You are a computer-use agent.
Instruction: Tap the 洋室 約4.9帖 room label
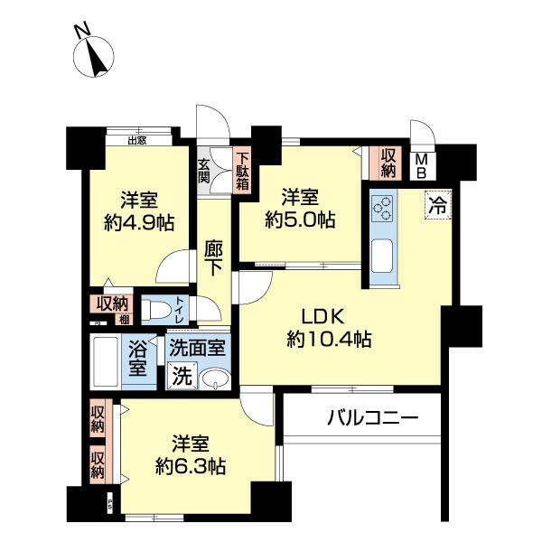click(139, 210)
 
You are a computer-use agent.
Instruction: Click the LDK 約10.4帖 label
click(328, 328)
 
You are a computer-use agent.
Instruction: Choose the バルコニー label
click(372, 418)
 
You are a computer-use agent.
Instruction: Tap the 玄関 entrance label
click(204, 171)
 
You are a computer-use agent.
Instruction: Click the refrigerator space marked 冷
click(437, 205)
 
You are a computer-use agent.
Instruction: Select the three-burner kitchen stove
click(380, 209)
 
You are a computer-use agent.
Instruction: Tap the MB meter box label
click(421, 165)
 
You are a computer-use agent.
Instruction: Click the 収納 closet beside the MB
click(388, 164)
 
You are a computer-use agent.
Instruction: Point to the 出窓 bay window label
click(137, 140)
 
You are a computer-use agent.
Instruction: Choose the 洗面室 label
click(198, 346)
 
